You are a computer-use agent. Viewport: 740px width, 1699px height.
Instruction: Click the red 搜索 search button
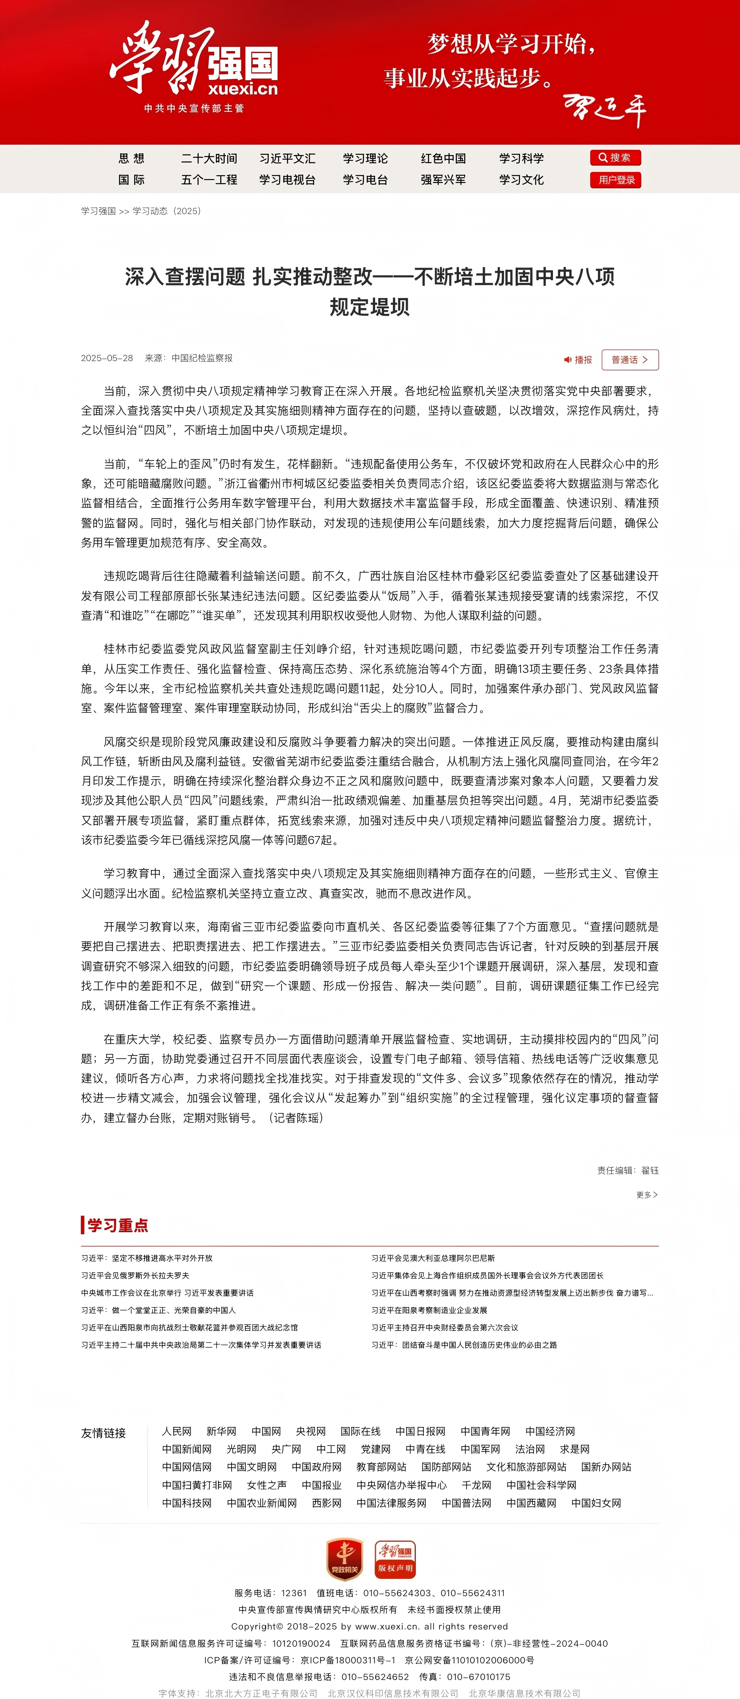tap(615, 158)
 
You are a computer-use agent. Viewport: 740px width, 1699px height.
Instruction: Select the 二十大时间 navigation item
tap(209, 158)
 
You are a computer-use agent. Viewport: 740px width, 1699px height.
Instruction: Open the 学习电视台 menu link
tap(287, 179)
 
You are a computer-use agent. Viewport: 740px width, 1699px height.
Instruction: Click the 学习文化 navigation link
tap(521, 179)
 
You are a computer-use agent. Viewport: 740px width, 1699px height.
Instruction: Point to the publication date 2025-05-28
tap(107, 358)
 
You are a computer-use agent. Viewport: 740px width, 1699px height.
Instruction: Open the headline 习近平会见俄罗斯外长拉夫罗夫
tap(135, 1276)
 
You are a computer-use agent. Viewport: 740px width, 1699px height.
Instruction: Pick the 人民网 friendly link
tap(177, 1431)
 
